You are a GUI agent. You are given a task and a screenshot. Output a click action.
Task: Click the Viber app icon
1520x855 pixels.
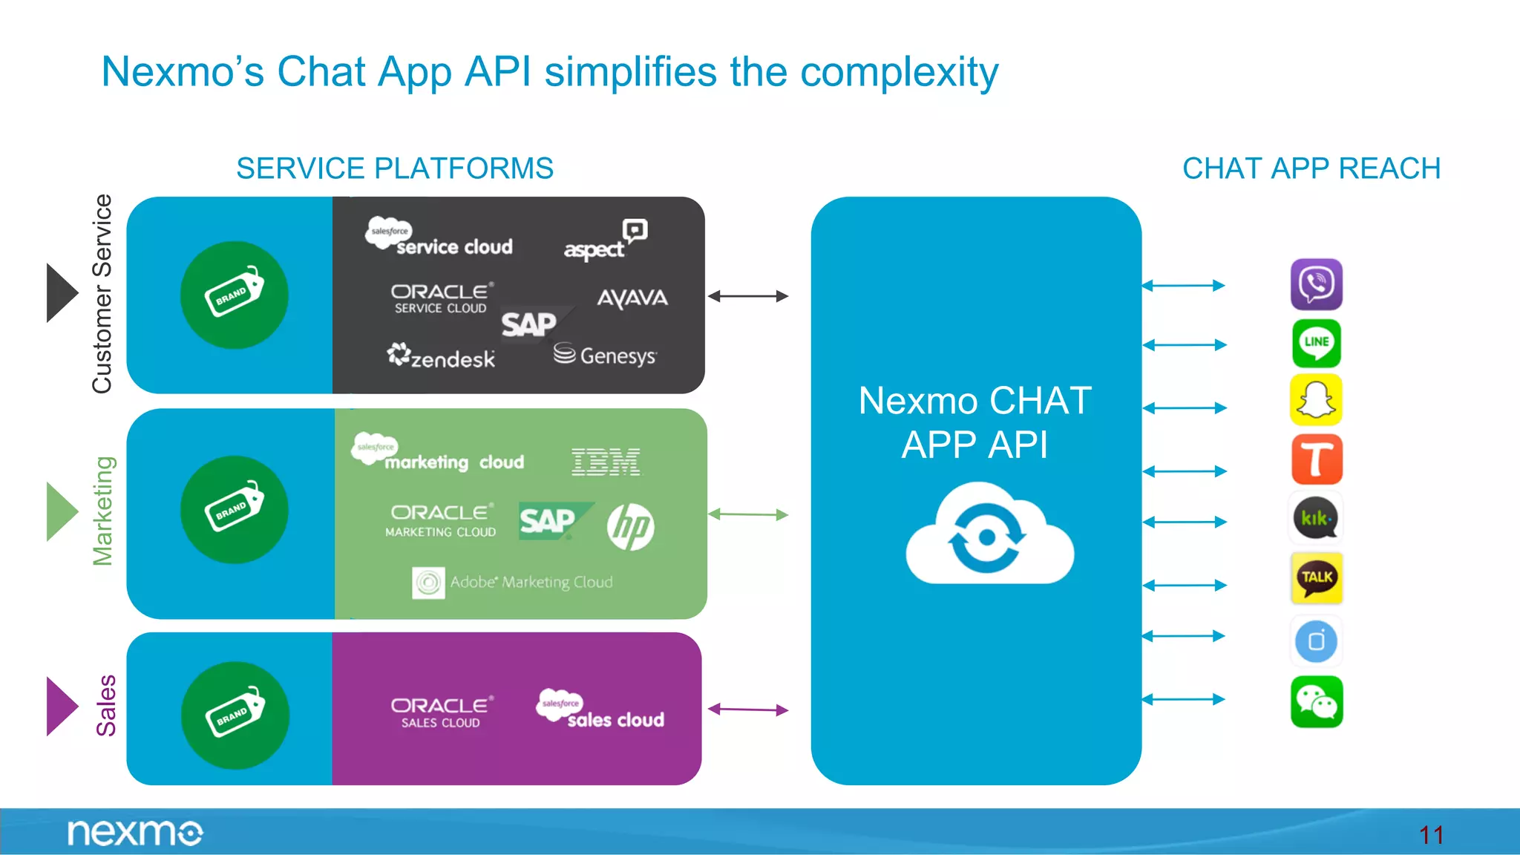click(x=1316, y=284)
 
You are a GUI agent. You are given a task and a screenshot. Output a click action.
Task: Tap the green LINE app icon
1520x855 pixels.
click(x=1316, y=344)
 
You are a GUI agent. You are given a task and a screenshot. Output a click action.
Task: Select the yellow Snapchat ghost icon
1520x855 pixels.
click(x=1316, y=400)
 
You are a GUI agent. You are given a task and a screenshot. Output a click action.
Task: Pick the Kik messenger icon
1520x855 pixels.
click(x=1316, y=518)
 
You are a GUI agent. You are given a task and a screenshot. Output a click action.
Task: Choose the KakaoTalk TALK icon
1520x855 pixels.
click(x=1316, y=577)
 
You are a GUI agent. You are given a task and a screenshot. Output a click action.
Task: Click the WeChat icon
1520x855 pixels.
click(x=1316, y=701)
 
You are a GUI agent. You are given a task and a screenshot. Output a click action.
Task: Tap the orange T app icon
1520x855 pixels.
click(x=1316, y=459)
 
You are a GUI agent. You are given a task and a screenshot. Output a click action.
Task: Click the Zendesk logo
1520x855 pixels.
click(x=441, y=357)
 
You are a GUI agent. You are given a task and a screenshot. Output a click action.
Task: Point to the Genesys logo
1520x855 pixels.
click(x=605, y=355)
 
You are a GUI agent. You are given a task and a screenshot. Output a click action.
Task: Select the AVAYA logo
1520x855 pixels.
click(x=632, y=298)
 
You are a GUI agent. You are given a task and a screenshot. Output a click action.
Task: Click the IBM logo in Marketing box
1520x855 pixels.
click(x=606, y=462)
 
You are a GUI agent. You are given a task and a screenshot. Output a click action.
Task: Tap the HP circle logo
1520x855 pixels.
click(x=630, y=527)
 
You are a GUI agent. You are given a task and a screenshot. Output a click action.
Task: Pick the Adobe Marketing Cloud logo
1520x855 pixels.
click(x=513, y=583)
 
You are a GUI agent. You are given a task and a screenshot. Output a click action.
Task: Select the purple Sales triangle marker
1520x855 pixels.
click(x=61, y=706)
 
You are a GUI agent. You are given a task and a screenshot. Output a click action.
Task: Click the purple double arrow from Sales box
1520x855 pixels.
click(x=747, y=710)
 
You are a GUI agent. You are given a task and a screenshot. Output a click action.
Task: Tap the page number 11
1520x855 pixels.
click(x=1430, y=835)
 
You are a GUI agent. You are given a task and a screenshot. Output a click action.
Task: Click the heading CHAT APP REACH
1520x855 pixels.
click(x=1311, y=168)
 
